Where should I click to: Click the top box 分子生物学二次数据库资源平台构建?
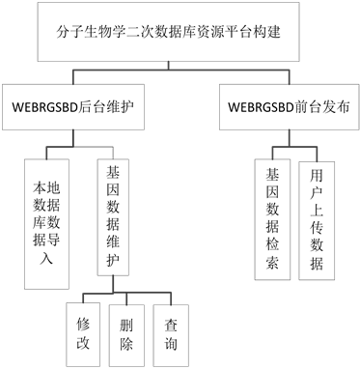(x=179, y=36)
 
